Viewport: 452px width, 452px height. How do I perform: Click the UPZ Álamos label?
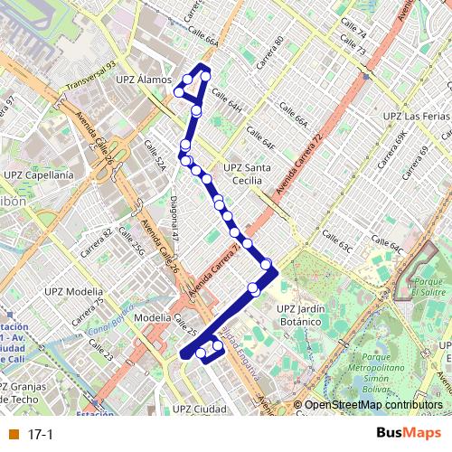click(x=144, y=80)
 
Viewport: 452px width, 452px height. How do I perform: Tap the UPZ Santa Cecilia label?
click(x=245, y=174)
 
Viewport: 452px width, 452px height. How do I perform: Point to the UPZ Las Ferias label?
click(x=416, y=117)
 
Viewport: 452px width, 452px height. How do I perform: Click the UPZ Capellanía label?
click(x=39, y=174)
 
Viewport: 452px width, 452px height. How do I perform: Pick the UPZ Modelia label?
click(x=72, y=291)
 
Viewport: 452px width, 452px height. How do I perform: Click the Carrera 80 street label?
click(x=273, y=46)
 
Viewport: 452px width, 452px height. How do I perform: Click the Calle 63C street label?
click(x=336, y=245)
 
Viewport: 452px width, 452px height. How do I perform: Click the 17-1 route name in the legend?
click(x=41, y=435)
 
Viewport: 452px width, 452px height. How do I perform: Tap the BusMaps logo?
click(x=409, y=434)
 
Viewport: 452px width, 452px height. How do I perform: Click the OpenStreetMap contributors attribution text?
click(x=372, y=406)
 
